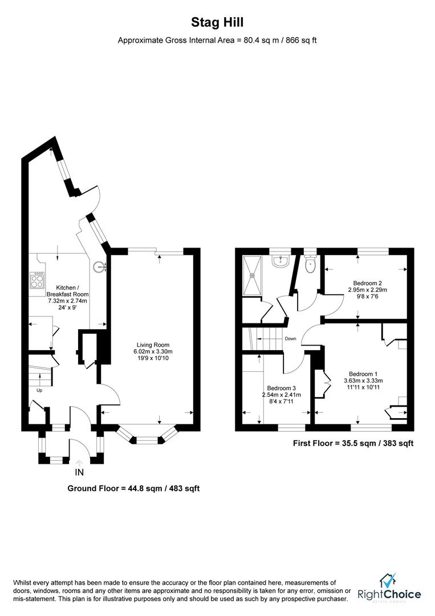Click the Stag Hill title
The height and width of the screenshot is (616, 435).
(217, 22)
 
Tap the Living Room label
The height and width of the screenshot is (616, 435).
(153, 345)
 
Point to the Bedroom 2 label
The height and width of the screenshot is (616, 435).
(367, 283)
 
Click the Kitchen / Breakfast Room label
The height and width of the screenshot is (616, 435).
(71, 290)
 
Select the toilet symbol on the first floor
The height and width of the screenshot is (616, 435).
(310, 264)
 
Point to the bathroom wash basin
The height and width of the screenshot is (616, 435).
(280, 262)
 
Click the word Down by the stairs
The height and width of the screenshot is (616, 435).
(291, 338)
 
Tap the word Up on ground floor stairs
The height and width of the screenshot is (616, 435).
(39, 391)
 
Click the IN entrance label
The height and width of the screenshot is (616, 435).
(79, 472)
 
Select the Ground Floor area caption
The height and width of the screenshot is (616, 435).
(133, 489)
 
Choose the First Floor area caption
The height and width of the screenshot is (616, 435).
(353, 443)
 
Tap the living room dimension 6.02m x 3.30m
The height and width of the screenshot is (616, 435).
(153, 352)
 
